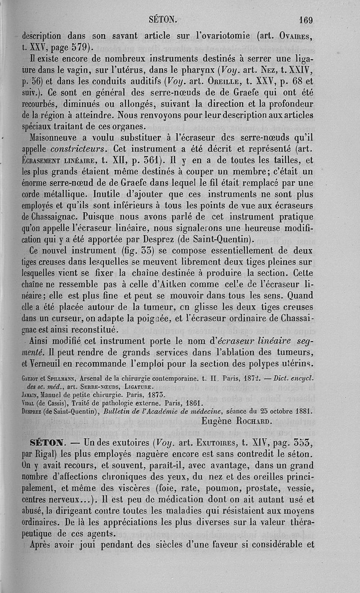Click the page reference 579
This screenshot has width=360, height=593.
[x=81, y=46]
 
